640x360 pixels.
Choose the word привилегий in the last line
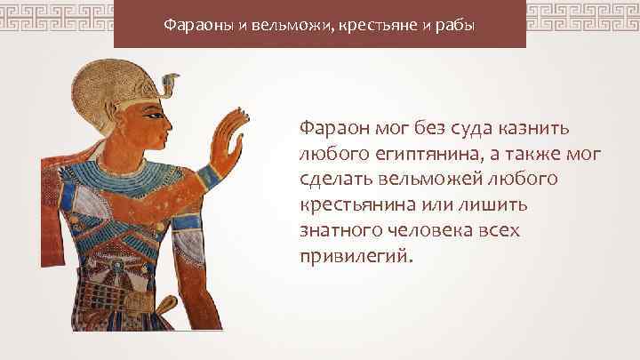(356, 257)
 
